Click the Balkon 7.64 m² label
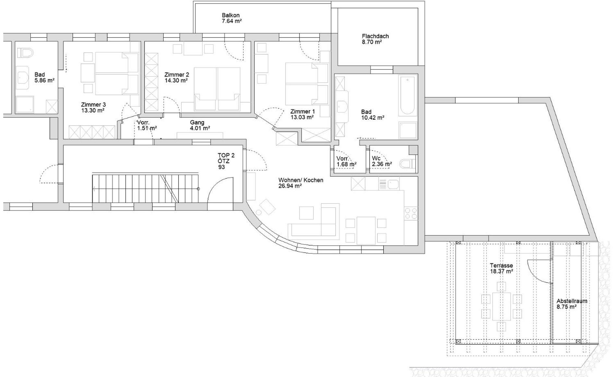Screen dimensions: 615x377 pos(232,18)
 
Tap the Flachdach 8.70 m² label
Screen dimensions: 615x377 pos(375,39)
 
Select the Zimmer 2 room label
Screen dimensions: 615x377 pos(176,75)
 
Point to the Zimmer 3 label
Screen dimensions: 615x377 pos(93,105)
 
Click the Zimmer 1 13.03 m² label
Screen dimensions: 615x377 pos(302,114)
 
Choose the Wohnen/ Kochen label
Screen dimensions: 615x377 pos(301,180)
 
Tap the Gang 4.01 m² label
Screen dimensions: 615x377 pos(200,125)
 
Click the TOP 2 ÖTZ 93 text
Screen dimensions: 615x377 pos(226,161)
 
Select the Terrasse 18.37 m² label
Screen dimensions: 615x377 pos(501,268)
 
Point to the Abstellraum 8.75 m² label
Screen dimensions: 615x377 pos(572,304)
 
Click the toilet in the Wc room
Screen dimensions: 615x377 pos(408,164)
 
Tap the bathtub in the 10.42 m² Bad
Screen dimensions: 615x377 pos(407,96)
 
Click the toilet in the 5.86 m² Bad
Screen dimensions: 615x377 pos(26,53)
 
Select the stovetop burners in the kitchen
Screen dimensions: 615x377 pos(411,214)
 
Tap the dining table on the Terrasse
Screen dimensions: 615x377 pos(501,306)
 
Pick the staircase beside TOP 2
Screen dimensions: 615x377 pos(145,188)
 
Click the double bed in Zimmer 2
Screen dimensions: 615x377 pos(217,89)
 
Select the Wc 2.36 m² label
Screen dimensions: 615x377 pos(381,161)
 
